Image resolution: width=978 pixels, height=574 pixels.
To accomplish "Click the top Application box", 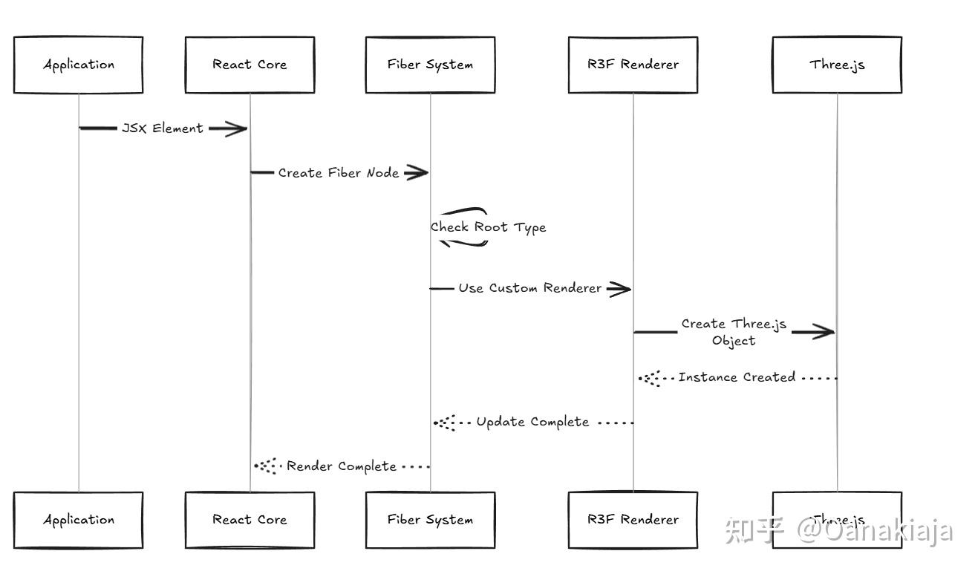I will [x=78, y=65].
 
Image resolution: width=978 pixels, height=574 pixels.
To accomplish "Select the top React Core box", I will [x=250, y=65].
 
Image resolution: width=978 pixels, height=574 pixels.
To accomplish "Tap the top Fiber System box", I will [x=430, y=65].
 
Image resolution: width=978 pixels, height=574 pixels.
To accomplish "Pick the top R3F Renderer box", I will [x=633, y=65].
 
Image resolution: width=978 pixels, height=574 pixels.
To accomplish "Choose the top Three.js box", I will [x=837, y=65].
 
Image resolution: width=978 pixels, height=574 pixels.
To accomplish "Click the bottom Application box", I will [x=78, y=520].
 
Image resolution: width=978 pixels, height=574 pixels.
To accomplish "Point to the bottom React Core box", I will [x=250, y=520].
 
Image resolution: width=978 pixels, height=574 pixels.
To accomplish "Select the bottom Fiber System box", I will [x=430, y=520].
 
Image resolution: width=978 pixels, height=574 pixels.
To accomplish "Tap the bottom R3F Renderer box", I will [x=633, y=520].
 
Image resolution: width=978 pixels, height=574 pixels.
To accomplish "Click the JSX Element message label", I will [x=162, y=128].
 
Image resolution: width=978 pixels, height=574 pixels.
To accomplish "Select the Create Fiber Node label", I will [x=338, y=173].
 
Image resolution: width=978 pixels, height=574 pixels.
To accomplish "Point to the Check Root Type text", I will [x=488, y=227].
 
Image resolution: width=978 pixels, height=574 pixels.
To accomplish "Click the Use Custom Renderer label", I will [x=529, y=288].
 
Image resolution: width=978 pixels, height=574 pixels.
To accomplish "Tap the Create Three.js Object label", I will [x=734, y=332].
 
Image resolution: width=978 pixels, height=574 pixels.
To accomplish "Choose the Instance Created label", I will [x=737, y=377].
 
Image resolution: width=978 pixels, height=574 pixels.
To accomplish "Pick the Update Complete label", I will [x=532, y=422].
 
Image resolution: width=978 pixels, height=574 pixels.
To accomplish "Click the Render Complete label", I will [x=341, y=466].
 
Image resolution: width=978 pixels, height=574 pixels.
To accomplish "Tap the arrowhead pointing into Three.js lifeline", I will [x=823, y=332].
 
